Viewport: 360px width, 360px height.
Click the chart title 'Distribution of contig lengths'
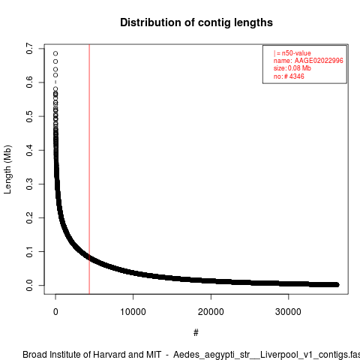(x=196, y=22)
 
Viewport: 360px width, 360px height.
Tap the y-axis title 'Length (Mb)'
(x=7, y=169)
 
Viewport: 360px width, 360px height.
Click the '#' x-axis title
(x=196, y=333)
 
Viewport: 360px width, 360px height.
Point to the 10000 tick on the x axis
(x=133, y=312)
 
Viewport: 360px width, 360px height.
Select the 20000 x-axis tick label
(x=211, y=312)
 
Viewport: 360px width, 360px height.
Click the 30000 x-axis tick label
(x=288, y=312)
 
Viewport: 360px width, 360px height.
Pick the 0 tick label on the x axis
(x=55, y=312)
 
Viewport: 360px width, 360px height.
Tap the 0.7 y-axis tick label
(x=29, y=49)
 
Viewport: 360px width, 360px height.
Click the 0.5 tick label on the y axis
(x=29, y=116)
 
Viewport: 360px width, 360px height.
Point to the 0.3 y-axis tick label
(x=29, y=184)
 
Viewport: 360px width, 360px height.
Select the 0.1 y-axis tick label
(x=29, y=251)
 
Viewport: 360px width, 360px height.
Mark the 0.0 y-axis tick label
(x=29, y=285)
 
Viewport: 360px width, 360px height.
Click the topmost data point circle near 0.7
(x=55, y=53)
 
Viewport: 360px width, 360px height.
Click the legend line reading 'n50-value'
(x=292, y=53)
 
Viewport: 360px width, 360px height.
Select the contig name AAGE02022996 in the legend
(x=319, y=61)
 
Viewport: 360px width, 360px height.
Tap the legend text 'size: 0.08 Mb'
(x=292, y=68)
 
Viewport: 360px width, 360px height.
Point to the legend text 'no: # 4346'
(x=289, y=76)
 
